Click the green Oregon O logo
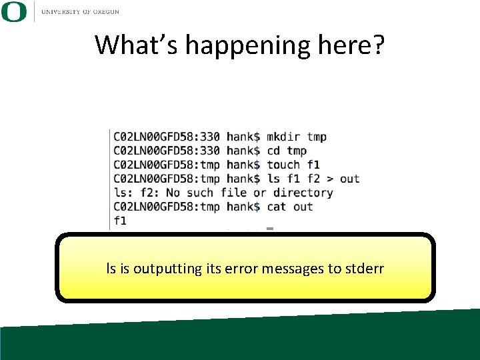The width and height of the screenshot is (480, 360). (x=14, y=12)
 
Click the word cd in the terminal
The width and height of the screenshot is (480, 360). (x=273, y=151)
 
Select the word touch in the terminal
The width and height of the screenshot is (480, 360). (x=283, y=165)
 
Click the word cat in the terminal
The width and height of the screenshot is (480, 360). (x=276, y=207)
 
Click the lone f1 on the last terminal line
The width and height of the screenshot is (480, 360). (x=120, y=221)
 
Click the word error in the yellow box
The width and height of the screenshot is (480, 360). (x=242, y=269)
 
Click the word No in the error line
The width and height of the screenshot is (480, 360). (x=173, y=193)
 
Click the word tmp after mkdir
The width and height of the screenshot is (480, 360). (x=317, y=137)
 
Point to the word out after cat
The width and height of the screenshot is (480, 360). (x=303, y=207)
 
